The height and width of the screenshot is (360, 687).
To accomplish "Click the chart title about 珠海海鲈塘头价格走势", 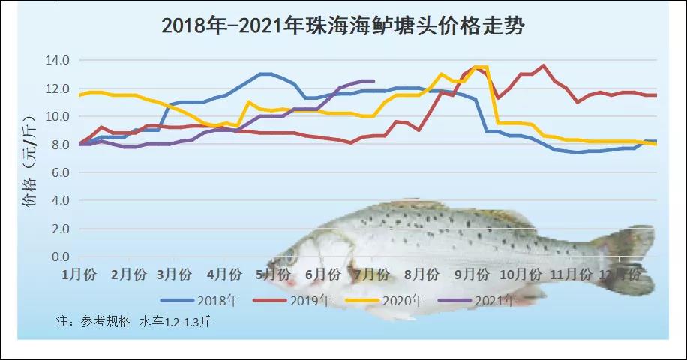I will click(x=343, y=26).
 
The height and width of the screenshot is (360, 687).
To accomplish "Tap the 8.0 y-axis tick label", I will click(x=60, y=144).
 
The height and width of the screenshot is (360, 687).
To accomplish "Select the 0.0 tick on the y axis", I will click(x=60, y=257).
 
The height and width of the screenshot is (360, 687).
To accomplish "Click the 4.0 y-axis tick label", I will click(x=60, y=200).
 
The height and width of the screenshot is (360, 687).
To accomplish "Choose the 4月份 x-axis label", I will click(x=224, y=274).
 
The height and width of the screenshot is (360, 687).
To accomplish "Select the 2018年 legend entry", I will click(x=200, y=301).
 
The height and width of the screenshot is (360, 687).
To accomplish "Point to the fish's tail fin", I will click(x=626, y=259).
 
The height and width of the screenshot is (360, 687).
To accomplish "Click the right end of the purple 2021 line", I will click(x=373, y=81).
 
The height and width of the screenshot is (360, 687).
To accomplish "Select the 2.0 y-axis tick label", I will click(x=60, y=229).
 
